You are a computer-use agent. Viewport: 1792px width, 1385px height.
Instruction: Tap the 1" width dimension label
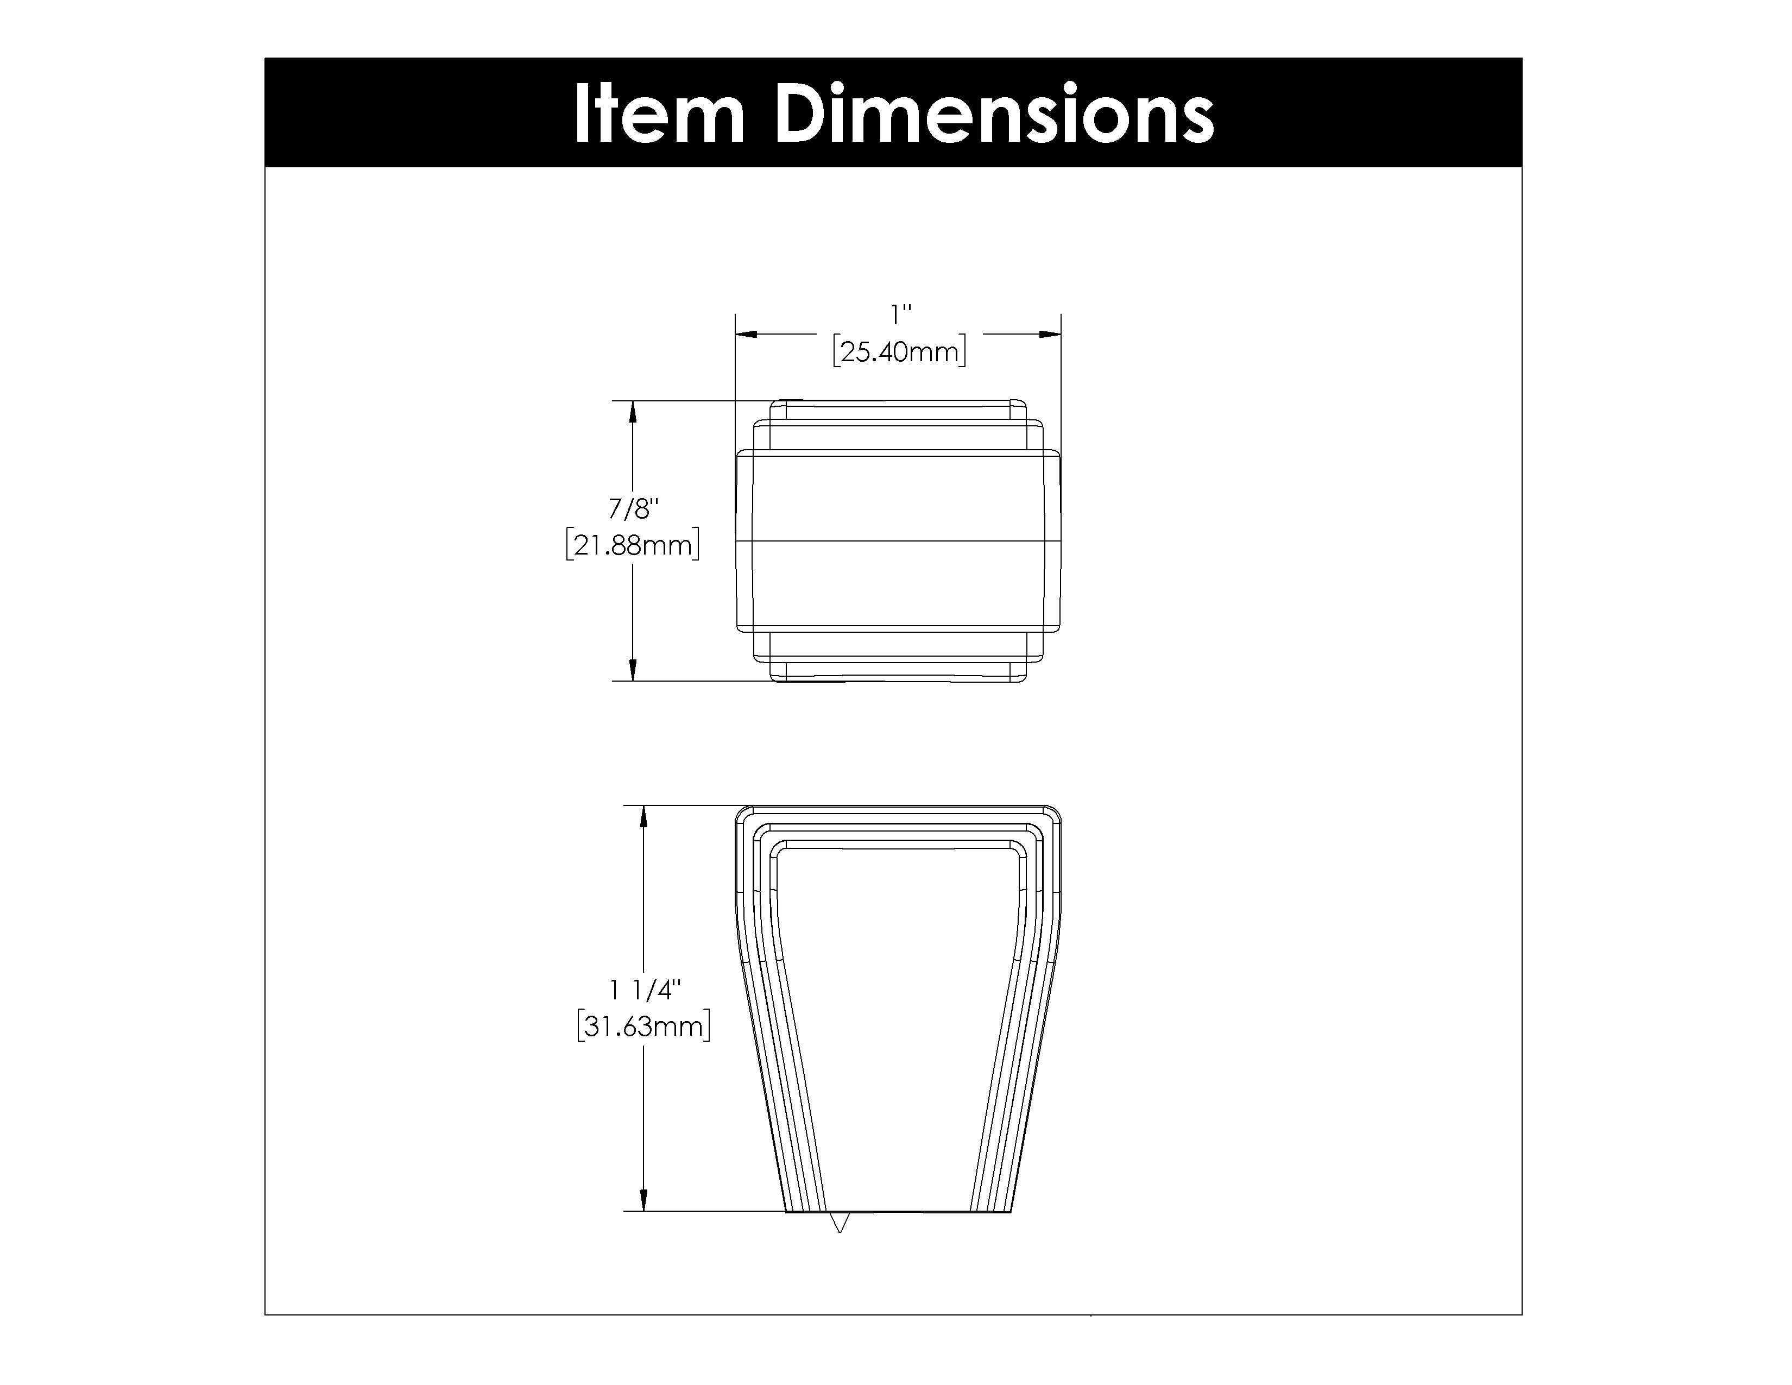[x=901, y=314]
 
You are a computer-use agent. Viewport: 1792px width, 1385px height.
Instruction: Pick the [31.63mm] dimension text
[x=644, y=1027]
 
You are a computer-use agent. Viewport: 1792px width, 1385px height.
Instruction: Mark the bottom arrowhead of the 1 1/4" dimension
[x=644, y=1200]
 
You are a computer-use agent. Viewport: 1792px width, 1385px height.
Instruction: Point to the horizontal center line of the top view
[x=899, y=541]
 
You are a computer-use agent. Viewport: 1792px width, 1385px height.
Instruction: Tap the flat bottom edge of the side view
[x=899, y=1212]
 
